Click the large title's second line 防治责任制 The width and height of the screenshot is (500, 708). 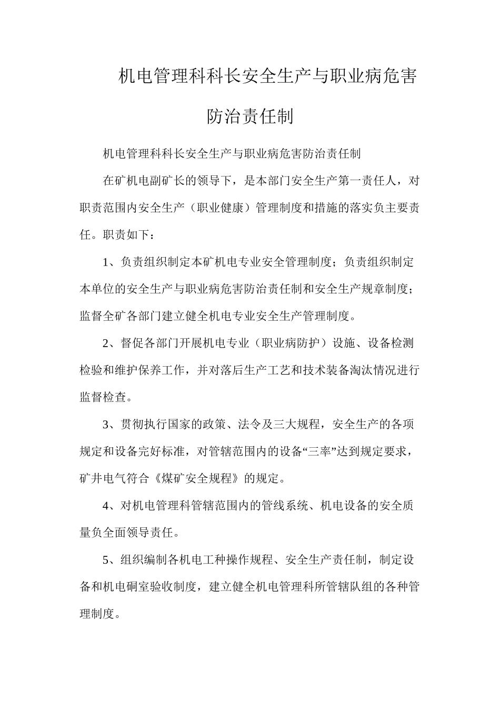pyautogui.click(x=249, y=116)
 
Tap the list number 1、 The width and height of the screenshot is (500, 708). pyautogui.click(x=111, y=262)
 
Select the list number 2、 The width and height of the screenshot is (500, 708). pyautogui.click(x=111, y=343)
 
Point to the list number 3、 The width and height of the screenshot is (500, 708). pyautogui.click(x=111, y=425)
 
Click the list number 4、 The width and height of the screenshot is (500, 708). pyautogui.click(x=111, y=506)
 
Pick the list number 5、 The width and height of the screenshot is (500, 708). pyautogui.click(x=111, y=560)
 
